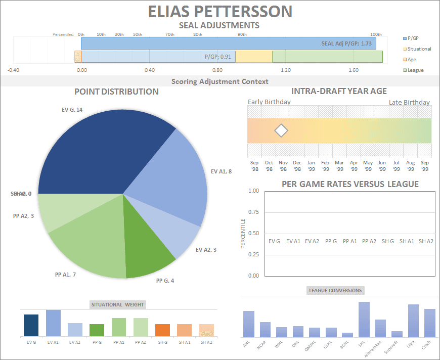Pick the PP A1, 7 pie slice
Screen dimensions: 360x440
coord(91,248)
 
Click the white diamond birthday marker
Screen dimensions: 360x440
coord(281,131)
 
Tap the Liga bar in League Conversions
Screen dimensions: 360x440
coord(413,321)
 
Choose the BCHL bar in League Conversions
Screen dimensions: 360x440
coord(347,335)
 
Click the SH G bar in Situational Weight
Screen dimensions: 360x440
coord(162,330)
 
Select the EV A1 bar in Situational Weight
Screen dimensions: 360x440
coord(53,323)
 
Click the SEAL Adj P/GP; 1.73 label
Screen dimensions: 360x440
coord(346,43)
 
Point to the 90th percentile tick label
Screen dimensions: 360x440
coord(242,34)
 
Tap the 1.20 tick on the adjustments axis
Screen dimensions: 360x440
coord(286,70)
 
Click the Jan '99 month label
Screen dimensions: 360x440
coord(311,166)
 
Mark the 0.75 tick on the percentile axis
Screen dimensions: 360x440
coord(253,212)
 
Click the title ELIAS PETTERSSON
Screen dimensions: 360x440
coord(220,12)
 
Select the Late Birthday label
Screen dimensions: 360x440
coord(409,103)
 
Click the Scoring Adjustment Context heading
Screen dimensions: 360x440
coord(220,81)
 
